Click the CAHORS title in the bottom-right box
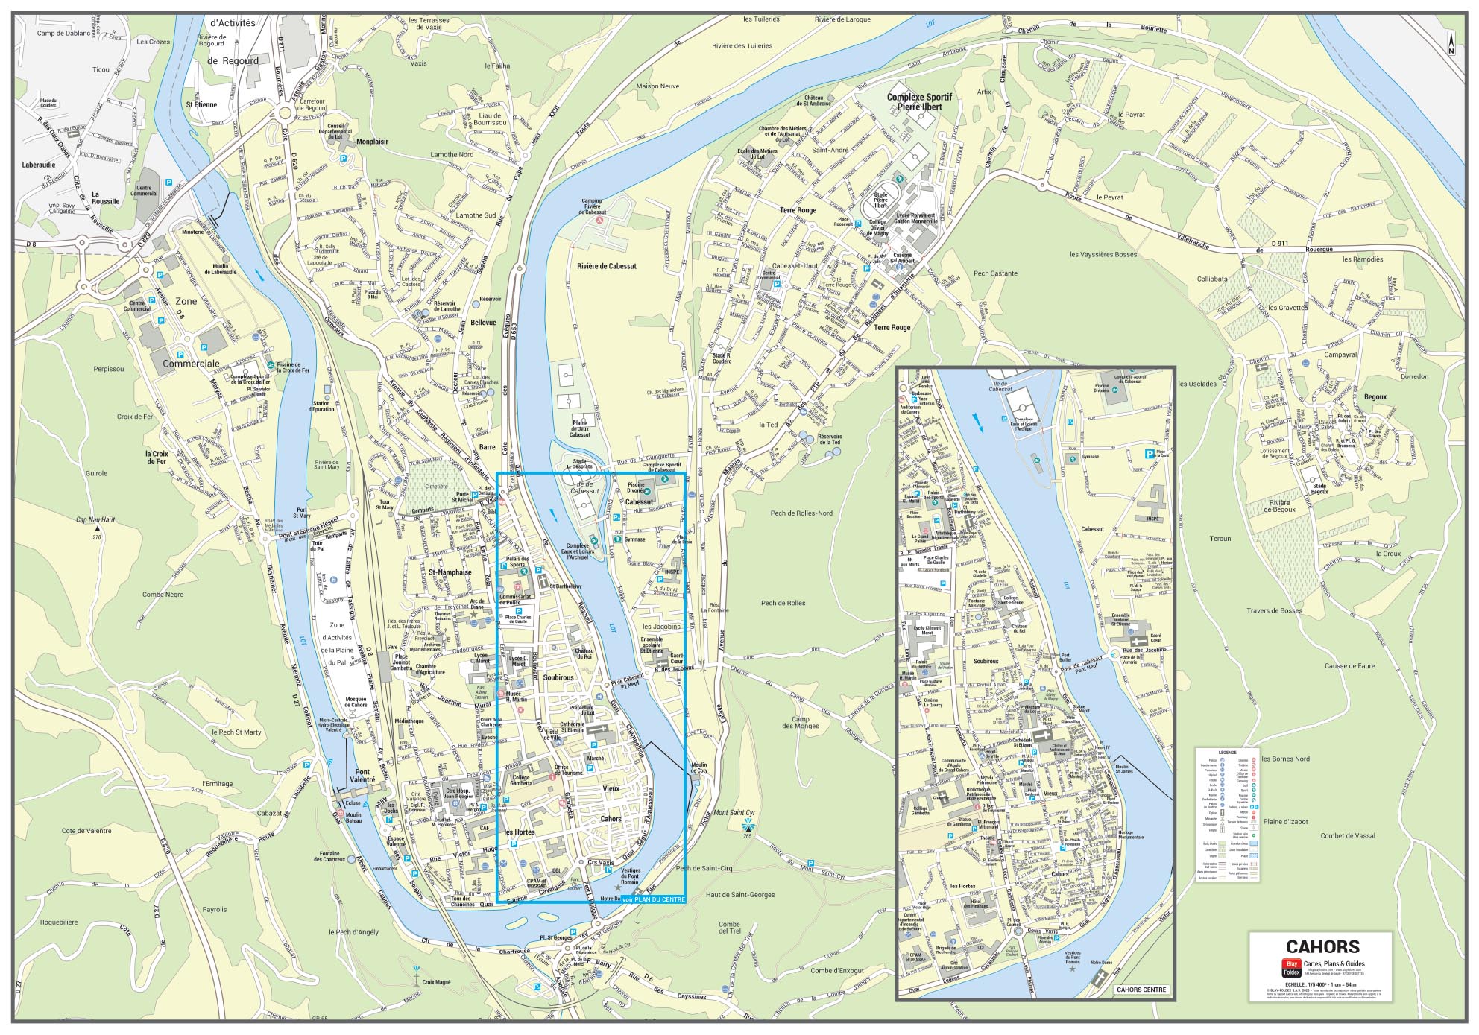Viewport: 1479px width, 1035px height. (x=1322, y=947)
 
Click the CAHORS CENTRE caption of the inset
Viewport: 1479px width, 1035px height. (x=1142, y=990)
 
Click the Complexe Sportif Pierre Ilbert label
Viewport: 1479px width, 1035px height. (x=918, y=102)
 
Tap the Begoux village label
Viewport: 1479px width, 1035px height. (x=1375, y=397)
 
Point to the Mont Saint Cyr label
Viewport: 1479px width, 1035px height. (x=734, y=812)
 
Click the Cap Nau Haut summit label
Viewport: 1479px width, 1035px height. (x=96, y=520)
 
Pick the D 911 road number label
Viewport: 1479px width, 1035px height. (x=1280, y=244)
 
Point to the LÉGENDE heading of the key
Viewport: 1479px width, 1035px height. (x=1227, y=752)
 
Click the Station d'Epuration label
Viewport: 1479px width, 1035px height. (x=322, y=406)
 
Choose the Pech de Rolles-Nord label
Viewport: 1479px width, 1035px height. (x=801, y=513)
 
